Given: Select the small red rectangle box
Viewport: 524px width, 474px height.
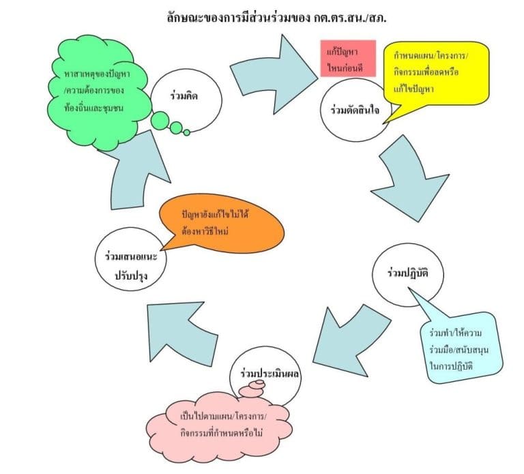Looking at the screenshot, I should [x=348, y=58].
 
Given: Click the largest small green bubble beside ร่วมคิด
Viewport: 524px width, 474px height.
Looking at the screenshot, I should [x=161, y=121].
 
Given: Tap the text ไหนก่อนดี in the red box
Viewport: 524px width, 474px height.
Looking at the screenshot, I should [x=348, y=65].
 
